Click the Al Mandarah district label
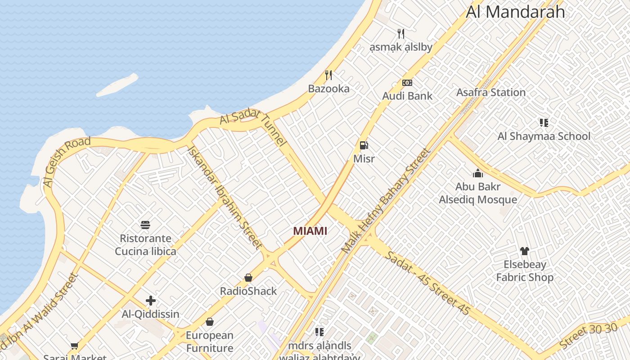click(x=515, y=12)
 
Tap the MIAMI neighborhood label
click(x=310, y=231)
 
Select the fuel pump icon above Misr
click(x=364, y=145)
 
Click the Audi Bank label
click(x=407, y=96)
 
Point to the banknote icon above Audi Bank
click(x=407, y=83)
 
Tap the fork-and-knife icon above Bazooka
click(x=328, y=75)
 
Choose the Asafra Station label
click(x=491, y=92)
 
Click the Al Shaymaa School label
click(x=544, y=136)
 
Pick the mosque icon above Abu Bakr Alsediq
click(x=478, y=173)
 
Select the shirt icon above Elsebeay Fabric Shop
click(x=524, y=251)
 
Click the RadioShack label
click(x=248, y=291)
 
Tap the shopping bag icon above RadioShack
click(x=248, y=278)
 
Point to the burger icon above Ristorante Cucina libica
click(x=145, y=225)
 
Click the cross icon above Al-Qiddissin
click(x=151, y=301)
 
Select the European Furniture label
click(x=210, y=342)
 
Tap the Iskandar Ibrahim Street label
click(x=225, y=197)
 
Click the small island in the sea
click(x=117, y=85)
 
